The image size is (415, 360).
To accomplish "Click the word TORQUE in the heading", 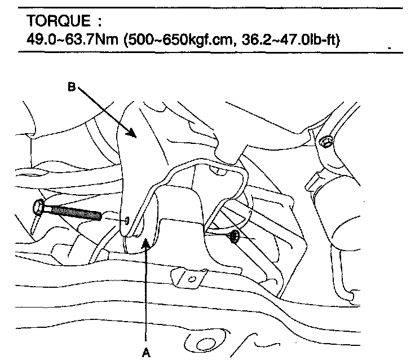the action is click(58, 21).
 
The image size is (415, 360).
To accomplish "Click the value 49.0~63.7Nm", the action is click(72, 39).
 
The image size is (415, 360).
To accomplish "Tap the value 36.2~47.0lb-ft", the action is click(289, 40).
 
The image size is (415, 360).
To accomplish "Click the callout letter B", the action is click(72, 87).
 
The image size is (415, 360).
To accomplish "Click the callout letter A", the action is click(146, 353).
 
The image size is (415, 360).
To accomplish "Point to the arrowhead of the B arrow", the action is click(132, 133).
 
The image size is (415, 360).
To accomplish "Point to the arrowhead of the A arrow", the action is click(145, 243).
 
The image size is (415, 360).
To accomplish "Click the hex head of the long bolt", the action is click(39, 208).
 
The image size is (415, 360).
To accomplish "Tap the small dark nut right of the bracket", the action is click(234, 236).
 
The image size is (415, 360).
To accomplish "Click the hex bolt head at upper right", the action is click(325, 142).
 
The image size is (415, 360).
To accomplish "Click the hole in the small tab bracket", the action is click(192, 279).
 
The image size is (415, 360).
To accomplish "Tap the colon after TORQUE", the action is click(99, 21).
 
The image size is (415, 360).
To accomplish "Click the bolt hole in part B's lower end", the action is click(127, 220).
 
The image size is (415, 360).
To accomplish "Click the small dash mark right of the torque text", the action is click(390, 48).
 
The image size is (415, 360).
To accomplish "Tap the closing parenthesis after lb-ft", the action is click(337, 40).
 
